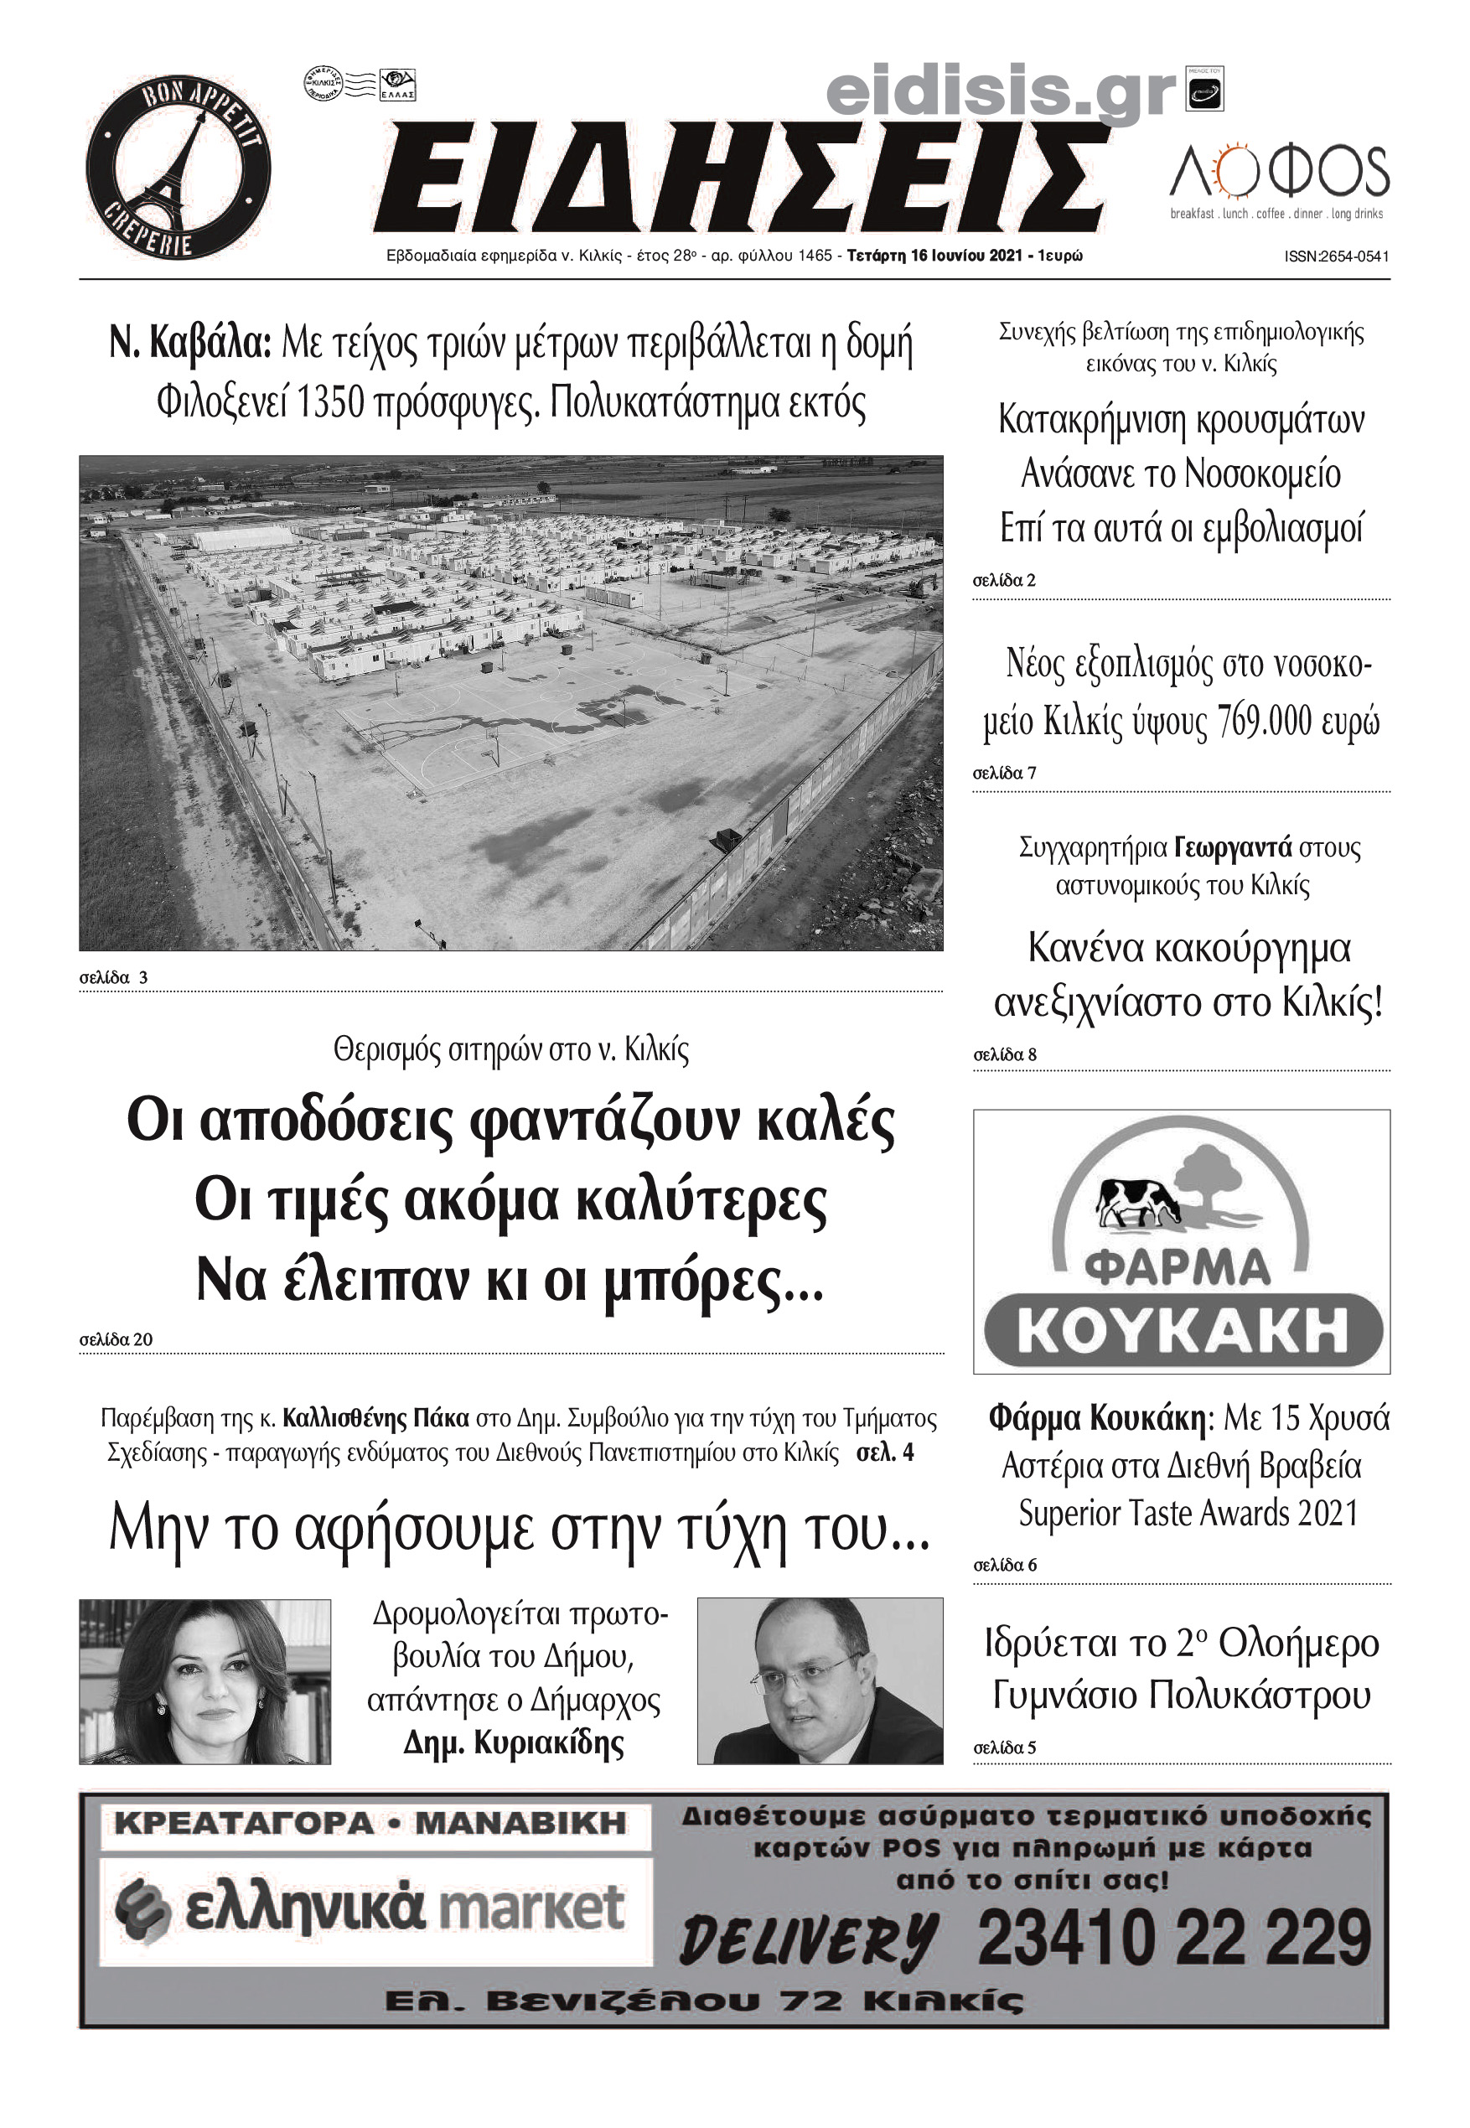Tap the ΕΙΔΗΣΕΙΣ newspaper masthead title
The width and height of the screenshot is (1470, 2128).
(x=742, y=179)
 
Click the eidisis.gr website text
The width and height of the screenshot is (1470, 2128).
(x=1002, y=92)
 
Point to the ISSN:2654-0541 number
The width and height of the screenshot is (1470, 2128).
(x=1336, y=257)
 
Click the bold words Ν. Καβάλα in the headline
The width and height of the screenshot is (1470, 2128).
(x=189, y=344)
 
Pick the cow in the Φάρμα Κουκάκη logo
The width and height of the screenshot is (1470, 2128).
(x=1136, y=1203)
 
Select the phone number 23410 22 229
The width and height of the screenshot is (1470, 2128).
(x=1173, y=1939)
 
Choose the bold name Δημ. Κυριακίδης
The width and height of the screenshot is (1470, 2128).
(x=513, y=1742)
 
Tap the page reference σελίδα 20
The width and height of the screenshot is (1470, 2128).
(x=116, y=1340)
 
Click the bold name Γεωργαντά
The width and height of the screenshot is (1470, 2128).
(x=1234, y=847)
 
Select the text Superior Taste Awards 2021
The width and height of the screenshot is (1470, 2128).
(x=1188, y=1513)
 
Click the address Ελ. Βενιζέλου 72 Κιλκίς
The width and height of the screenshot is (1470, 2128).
(x=704, y=2001)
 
